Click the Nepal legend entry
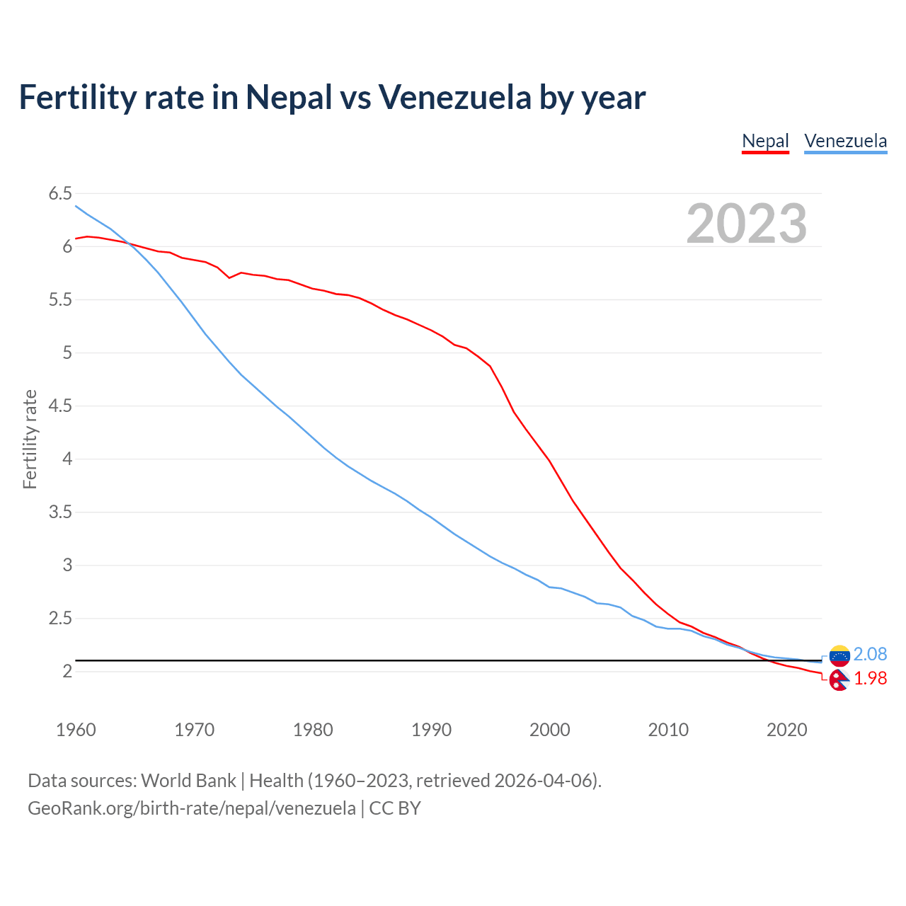(x=765, y=141)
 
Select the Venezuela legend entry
(x=845, y=141)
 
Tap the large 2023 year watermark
(x=746, y=224)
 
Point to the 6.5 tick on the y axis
(x=60, y=194)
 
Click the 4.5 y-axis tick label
(x=60, y=406)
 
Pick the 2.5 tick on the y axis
(x=60, y=619)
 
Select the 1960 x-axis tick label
(x=76, y=730)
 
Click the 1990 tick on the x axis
(x=431, y=730)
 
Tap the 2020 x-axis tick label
(x=786, y=730)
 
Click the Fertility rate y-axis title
(x=30, y=439)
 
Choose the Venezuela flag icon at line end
(x=839, y=656)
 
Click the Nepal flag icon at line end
(x=839, y=680)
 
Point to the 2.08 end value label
(x=870, y=654)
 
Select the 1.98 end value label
(x=870, y=678)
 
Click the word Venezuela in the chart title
(x=454, y=97)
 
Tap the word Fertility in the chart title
(x=77, y=97)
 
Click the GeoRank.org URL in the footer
(x=191, y=808)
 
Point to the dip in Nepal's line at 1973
(x=229, y=277)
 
